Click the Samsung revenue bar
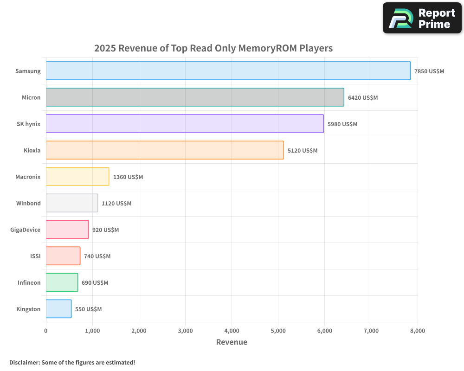point(228,71)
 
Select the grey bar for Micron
point(195,97)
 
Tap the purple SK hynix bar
point(185,124)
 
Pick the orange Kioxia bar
point(165,150)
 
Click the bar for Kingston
point(58,309)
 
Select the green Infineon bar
point(62,282)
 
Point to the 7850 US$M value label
point(429,71)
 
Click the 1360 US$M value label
point(128,177)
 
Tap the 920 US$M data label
point(105,230)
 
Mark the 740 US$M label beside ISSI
point(97,256)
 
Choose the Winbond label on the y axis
point(28,204)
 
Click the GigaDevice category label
point(25,230)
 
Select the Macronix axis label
point(28,177)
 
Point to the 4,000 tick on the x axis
point(232,331)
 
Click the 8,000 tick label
point(418,331)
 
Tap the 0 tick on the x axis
point(46,331)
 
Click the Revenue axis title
point(232,342)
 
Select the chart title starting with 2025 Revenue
point(213,48)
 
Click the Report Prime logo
point(422,18)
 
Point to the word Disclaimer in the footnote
point(24,363)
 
